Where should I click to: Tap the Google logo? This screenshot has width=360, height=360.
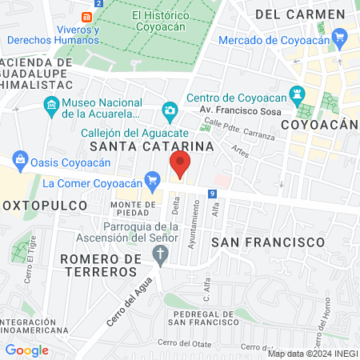(26, 350)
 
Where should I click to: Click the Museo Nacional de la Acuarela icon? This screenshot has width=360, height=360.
(51, 104)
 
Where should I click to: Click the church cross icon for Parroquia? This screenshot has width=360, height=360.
(160, 256)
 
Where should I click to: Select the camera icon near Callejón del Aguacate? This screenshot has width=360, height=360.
(170, 110)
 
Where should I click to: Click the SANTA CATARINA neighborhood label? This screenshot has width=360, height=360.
(152, 146)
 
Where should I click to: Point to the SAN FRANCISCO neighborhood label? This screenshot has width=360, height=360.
(268, 241)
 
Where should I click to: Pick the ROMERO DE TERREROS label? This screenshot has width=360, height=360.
(98, 265)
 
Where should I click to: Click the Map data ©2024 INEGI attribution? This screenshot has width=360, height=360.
(312, 353)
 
